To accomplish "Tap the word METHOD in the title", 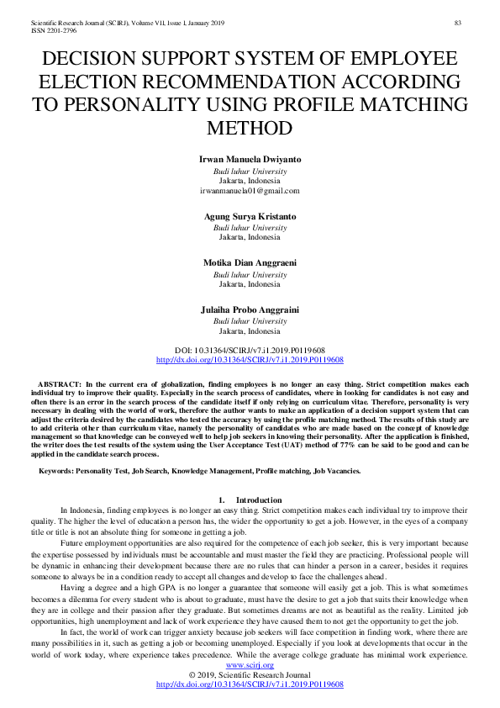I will point(250,129).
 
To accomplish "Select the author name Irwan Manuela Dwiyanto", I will point(250,159).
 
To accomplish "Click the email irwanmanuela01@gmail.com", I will point(250,191).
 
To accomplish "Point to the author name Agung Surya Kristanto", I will point(250,216).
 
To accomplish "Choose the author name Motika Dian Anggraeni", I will point(250,262).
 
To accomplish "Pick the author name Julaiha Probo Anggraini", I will point(250,309).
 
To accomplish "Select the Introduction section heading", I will point(259,499).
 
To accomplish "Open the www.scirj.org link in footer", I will point(250,664).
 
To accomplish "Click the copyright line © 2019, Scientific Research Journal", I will point(250,674).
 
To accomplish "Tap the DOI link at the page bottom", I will point(250,684).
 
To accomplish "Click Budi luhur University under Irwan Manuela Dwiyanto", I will point(250,170).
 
